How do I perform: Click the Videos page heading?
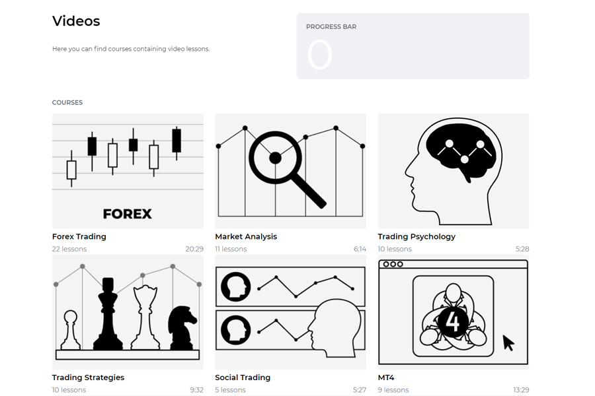pos(76,21)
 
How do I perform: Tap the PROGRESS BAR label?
pos(331,27)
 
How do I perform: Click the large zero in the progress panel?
pos(319,55)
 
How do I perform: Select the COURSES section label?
pos(67,103)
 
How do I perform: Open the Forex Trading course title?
pos(79,236)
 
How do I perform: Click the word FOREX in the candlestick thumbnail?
pos(127,214)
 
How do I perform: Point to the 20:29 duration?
pos(194,249)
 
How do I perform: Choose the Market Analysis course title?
pos(246,236)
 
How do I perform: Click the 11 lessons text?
pos(231,249)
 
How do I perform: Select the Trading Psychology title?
pos(416,236)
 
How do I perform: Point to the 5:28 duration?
pos(522,249)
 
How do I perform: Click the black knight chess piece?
pos(182,327)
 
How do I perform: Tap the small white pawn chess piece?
pos(71,330)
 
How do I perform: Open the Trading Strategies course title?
pos(88,378)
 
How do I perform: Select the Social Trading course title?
pos(243,378)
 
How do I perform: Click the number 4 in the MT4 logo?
pos(452,321)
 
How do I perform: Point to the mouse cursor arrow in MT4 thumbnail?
pos(508,343)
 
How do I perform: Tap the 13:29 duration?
pos(521,390)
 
